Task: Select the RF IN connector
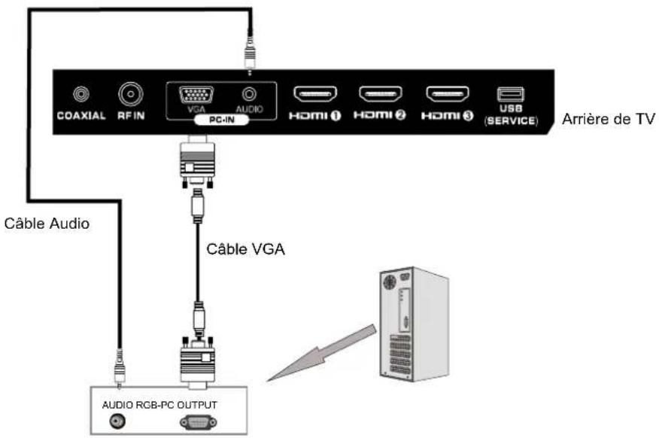131,95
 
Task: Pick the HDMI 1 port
314,95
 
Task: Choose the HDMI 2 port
381,95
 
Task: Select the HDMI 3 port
448,95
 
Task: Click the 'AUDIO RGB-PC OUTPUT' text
159,404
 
